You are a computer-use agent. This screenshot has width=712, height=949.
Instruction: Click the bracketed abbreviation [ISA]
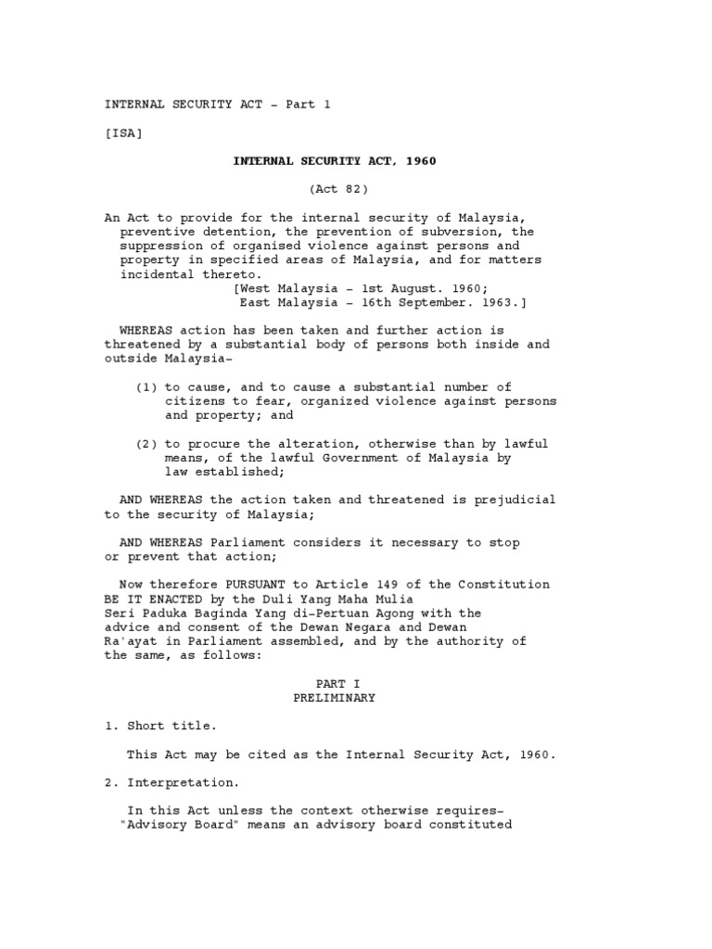(123, 133)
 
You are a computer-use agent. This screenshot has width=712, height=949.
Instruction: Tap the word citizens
(196, 401)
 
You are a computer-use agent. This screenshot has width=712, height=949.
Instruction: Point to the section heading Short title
(172, 727)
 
